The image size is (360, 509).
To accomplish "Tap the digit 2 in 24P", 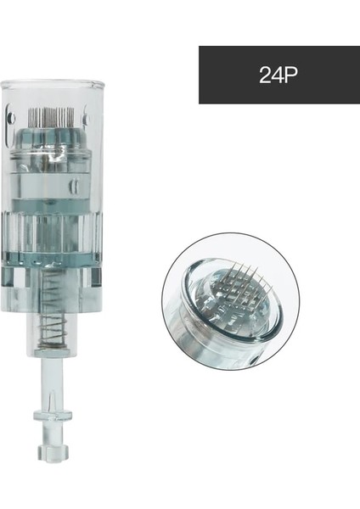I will tap(264, 75).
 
